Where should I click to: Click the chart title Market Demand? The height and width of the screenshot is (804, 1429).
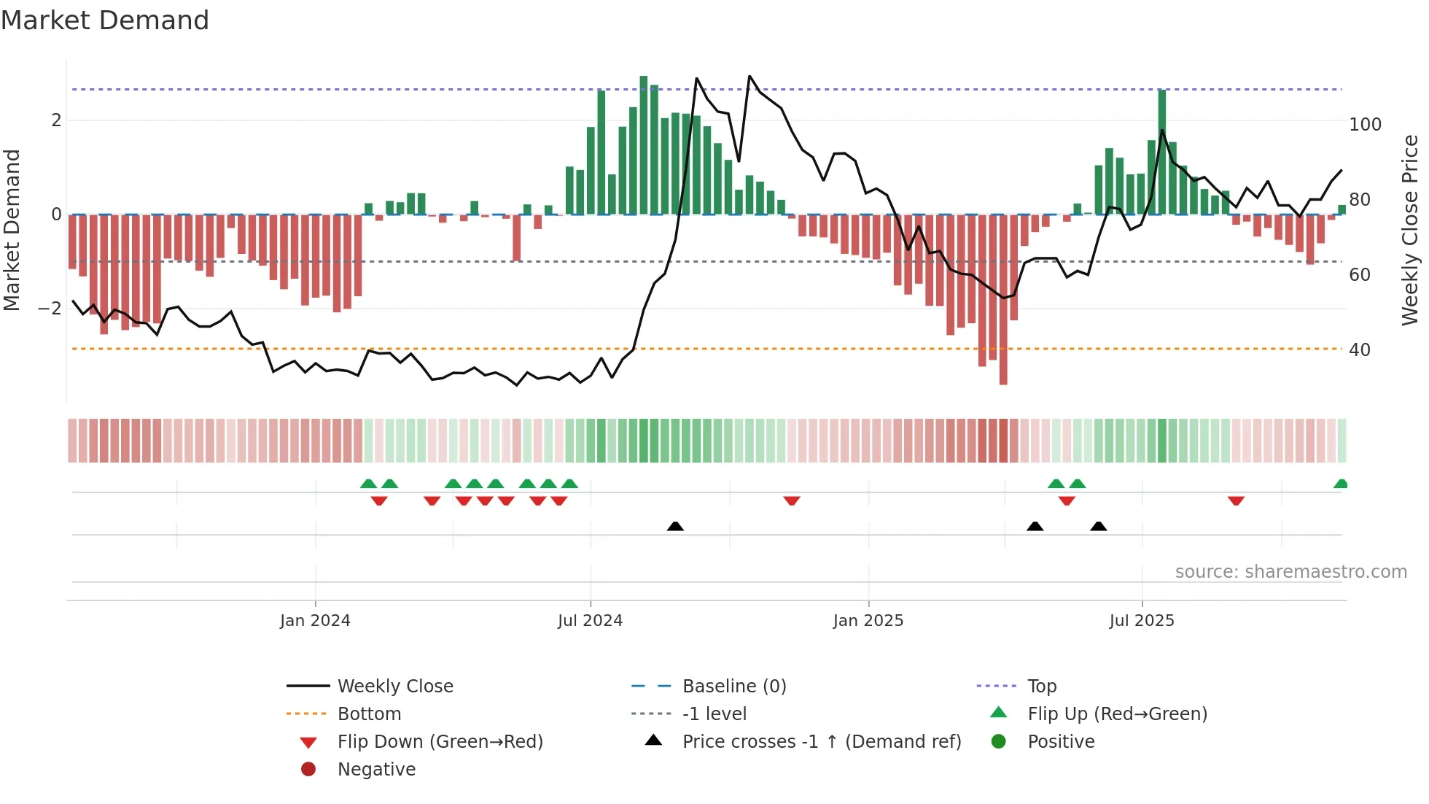click(x=105, y=20)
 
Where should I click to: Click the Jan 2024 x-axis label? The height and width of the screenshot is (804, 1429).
click(x=315, y=621)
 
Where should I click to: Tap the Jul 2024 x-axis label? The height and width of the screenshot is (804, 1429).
click(x=590, y=621)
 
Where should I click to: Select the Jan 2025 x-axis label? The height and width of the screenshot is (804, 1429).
click(x=868, y=621)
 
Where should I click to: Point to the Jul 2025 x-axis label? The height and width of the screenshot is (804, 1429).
click(x=1142, y=621)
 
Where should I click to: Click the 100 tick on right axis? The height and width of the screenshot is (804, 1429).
click(x=1365, y=125)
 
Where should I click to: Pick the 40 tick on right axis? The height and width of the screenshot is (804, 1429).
click(x=1359, y=350)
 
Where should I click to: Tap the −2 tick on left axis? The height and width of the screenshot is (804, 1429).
click(x=50, y=309)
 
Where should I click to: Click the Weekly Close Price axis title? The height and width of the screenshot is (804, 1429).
click(x=1410, y=230)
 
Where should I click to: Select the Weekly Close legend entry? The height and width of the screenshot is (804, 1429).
click(x=394, y=687)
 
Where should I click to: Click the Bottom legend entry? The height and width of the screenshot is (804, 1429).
click(x=369, y=714)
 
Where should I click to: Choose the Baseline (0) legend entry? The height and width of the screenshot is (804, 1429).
click(x=733, y=687)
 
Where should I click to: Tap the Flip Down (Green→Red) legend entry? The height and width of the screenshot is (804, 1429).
click(x=440, y=742)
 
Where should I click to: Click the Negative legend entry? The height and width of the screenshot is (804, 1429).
click(x=376, y=770)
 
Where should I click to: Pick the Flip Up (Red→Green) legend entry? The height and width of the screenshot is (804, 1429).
click(x=1117, y=714)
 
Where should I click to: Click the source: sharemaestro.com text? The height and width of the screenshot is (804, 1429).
click(x=1290, y=572)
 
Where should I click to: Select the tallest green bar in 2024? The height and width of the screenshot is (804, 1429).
click(x=644, y=146)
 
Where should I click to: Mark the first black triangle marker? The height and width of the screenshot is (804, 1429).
click(x=675, y=526)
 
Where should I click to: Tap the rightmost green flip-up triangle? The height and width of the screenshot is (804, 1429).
click(x=1340, y=484)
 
